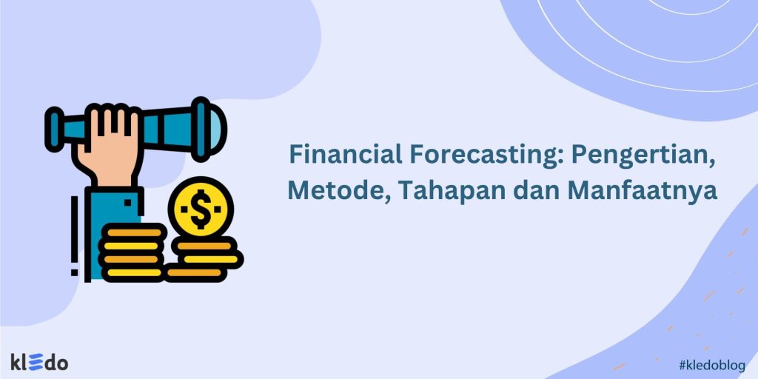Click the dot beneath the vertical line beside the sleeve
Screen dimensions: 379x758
coord(74,272)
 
